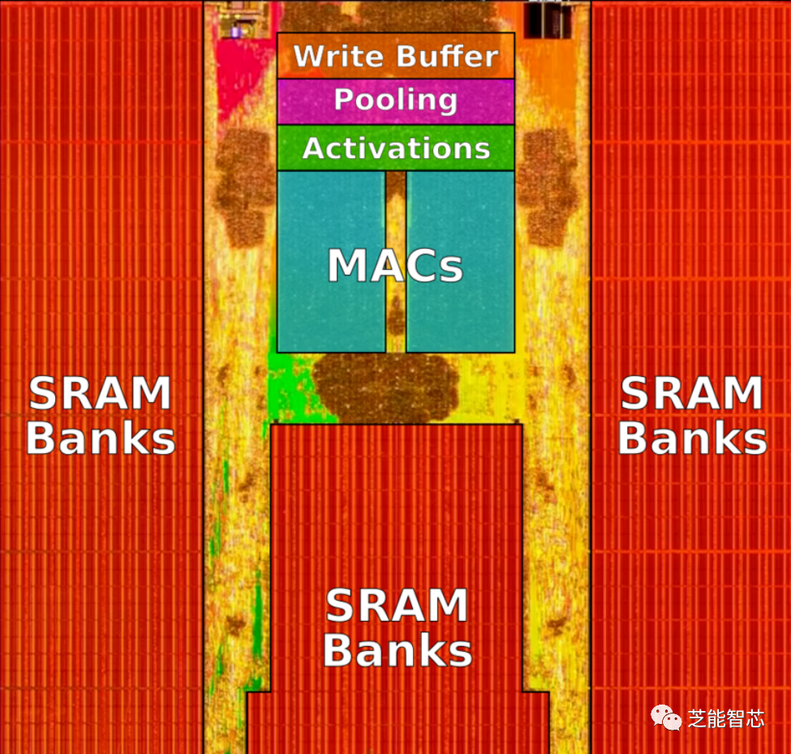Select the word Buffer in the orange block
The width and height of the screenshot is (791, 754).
coord(447,56)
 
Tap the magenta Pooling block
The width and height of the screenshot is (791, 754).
coord(396,101)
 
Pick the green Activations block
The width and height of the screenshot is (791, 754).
coord(396,148)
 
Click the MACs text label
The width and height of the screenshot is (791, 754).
coord(395,265)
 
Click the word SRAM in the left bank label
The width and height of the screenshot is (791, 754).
coord(100,394)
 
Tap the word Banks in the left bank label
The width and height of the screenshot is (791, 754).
coord(100,438)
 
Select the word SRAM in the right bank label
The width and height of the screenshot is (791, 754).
coord(692,394)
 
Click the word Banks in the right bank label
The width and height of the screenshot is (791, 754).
coord(692,438)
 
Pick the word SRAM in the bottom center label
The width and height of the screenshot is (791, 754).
coord(397,606)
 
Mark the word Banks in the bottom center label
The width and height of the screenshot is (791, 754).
coord(397,650)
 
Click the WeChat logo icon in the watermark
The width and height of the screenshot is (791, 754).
coord(668,718)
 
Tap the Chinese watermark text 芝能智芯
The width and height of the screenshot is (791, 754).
coord(726,718)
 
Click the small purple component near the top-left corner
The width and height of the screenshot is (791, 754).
coord(236,32)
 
